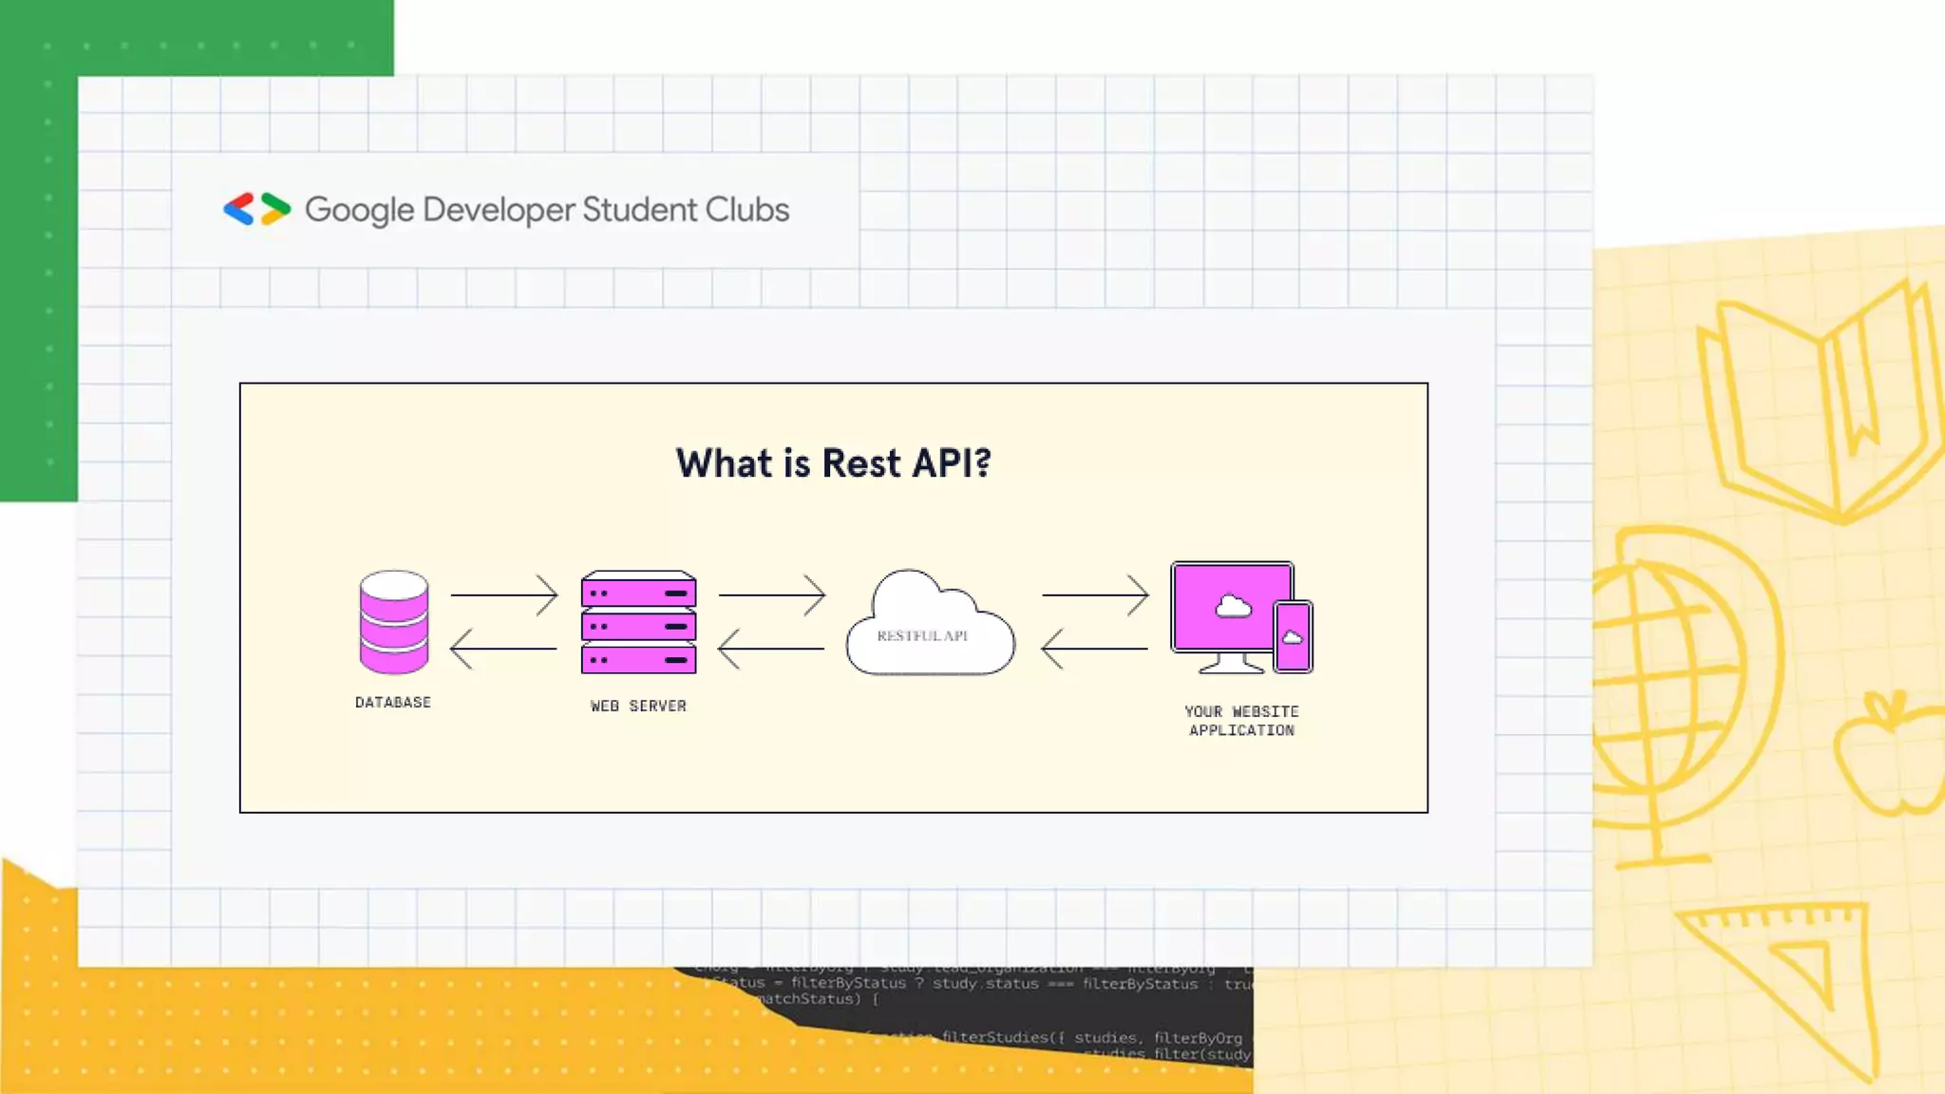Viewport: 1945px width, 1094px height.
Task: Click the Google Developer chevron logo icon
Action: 256,209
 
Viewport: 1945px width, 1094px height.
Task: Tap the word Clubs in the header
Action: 746,209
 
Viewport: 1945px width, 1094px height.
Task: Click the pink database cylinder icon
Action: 393,622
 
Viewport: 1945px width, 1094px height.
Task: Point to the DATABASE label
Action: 393,703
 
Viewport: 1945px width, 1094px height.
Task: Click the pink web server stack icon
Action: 638,623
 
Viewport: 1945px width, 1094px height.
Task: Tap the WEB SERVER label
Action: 638,707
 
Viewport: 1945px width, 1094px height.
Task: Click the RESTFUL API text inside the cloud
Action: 922,636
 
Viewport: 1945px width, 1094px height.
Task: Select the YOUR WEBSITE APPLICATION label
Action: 1241,721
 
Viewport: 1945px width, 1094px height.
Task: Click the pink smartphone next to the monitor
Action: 1293,636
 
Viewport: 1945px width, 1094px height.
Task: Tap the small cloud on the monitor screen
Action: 1233,606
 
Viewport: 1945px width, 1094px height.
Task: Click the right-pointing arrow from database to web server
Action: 504,594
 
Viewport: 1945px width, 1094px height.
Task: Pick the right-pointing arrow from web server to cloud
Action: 772,594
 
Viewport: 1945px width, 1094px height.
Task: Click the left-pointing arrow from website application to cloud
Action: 1094,649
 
